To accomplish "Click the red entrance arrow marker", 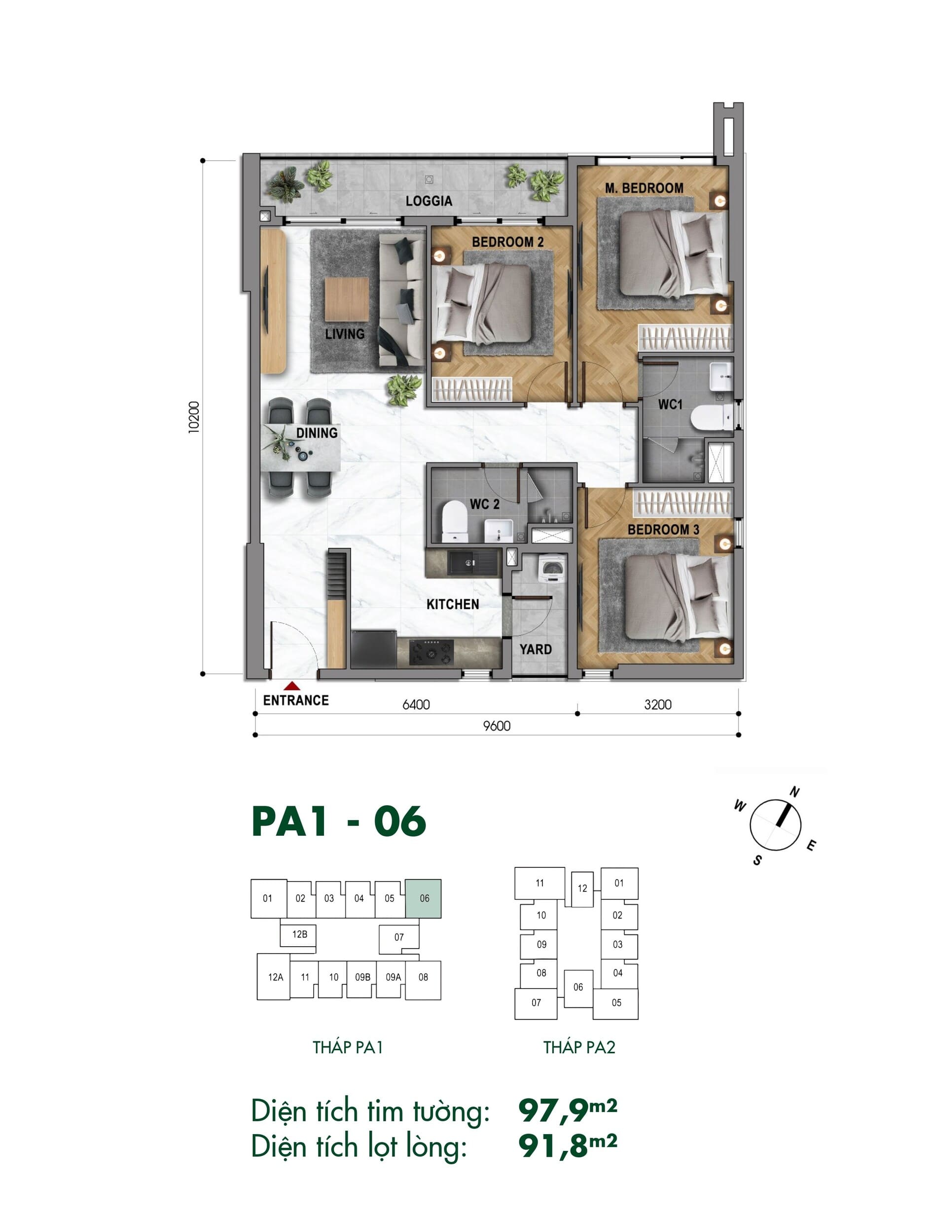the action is point(292,687).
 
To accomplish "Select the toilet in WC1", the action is point(712,418).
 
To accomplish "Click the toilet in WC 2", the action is point(455,521).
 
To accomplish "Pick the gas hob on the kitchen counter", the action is point(431,652).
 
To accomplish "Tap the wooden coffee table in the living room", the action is point(347,299).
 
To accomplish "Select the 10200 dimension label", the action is point(194,417).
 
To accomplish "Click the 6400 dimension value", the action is point(416,705).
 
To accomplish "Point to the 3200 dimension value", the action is point(658,705).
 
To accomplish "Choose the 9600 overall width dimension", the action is point(497,725).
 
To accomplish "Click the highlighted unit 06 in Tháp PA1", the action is point(423,898).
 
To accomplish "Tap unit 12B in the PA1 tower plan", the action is point(300,934).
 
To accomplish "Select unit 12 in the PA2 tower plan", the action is point(582,889).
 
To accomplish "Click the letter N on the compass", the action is point(794,792).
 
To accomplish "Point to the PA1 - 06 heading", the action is point(339,821).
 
